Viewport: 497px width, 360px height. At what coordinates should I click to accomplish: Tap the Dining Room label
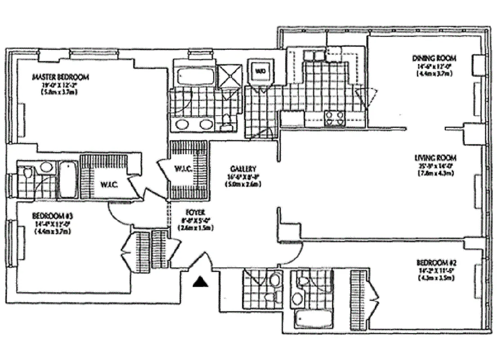(x=434, y=58)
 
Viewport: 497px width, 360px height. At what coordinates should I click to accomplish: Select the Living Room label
(x=435, y=157)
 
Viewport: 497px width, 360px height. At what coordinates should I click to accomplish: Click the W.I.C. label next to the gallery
(x=184, y=169)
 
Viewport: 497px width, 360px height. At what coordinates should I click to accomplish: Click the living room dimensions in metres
(x=435, y=173)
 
